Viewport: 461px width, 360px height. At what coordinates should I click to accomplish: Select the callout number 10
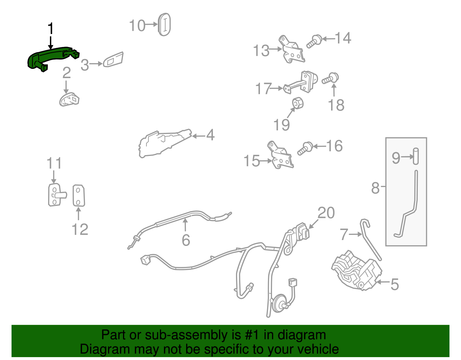(x=137, y=25)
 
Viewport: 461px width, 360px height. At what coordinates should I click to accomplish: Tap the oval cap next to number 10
(x=164, y=24)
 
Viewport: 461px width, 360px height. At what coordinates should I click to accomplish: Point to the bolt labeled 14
(x=314, y=42)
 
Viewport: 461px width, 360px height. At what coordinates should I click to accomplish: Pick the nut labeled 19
(x=298, y=103)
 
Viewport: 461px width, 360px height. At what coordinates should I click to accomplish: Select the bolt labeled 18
(x=330, y=78)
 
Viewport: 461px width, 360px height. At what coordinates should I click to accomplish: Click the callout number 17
(x=263, y=88)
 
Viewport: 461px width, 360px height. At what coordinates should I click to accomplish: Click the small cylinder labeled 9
(x=415, y=156)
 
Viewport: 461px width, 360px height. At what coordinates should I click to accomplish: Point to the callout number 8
(x=375, y=188)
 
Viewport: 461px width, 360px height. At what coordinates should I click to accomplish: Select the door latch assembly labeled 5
(x=357, y=270)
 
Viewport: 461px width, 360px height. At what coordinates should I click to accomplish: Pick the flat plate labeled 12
(x=79, y=196)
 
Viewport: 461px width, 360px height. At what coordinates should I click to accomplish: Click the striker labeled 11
(x=56, y=195)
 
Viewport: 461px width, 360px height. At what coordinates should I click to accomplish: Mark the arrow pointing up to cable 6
(x=185, y=225)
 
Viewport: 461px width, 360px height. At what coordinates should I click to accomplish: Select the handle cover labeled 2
(x=69, y=99)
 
